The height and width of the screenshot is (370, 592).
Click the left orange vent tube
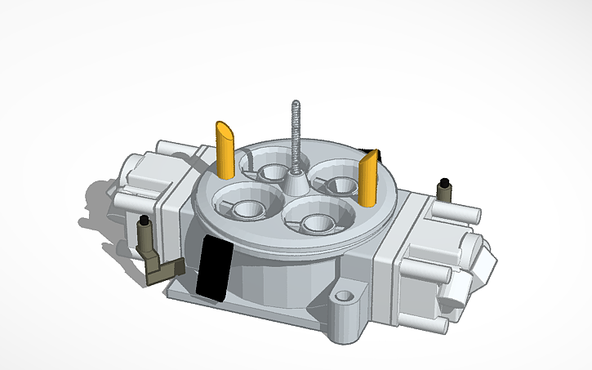225,151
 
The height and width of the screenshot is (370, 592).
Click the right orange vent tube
368,181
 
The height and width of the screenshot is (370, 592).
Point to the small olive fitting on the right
445,194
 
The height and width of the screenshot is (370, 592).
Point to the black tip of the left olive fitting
144,221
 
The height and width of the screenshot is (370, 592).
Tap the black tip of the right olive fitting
445,181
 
